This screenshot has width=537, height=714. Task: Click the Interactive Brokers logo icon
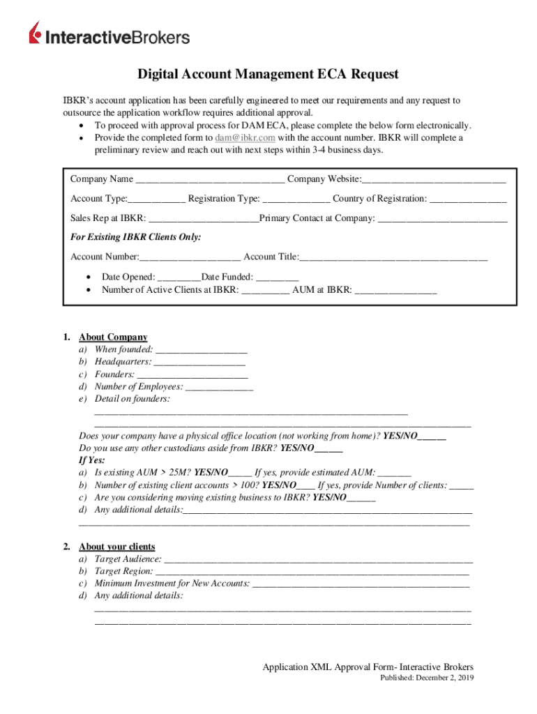[x=36, y=33]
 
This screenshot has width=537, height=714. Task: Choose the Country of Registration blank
[x=468, y=199]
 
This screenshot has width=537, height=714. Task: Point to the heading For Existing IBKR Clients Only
[x=136, y=238]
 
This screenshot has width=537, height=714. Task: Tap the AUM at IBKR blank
[x=395, y=290]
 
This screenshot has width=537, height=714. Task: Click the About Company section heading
[x=113, y=337]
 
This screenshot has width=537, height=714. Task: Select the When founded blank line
[x=202, y=350]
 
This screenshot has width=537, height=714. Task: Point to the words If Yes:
[x=92, y=461]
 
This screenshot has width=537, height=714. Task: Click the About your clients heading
[x=117, y=547]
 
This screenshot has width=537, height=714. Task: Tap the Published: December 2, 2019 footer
[x=427, y=679]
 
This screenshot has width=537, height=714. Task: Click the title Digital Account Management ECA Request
[x=268, y=75]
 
